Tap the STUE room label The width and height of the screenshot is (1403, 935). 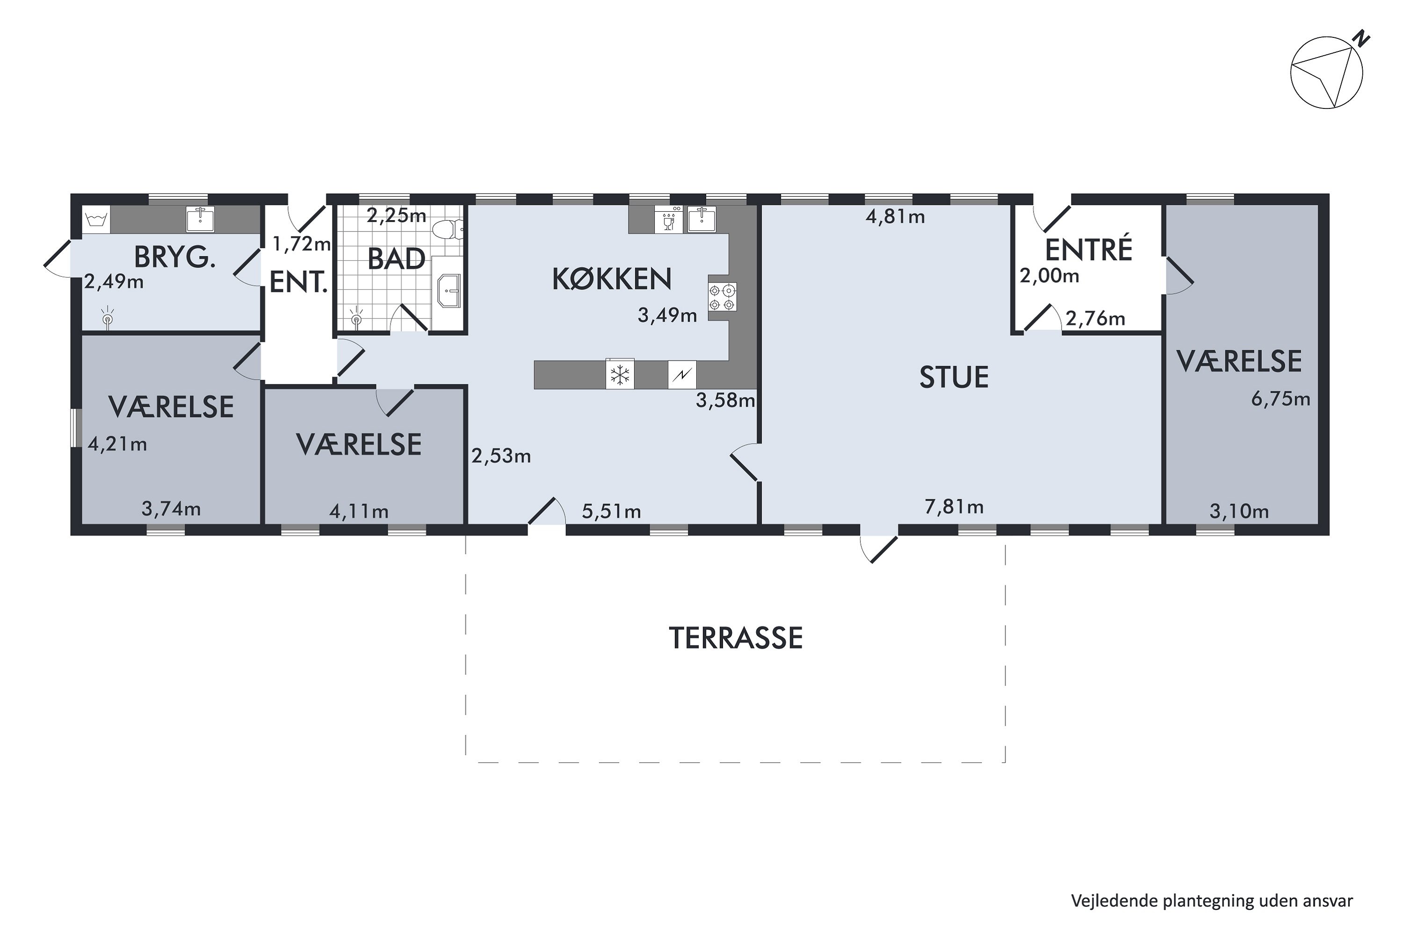pos(954,377)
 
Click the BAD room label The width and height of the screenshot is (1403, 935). pos(396,259)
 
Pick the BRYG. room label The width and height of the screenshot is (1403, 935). pos(174,258)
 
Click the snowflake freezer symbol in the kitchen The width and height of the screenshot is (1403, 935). pos(620,375)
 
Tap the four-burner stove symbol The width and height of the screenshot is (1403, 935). pos(723,297)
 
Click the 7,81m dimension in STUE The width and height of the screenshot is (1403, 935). pos(954,507)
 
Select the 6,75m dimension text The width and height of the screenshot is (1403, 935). pos(1280,399)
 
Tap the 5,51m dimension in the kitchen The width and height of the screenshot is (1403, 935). pos(611,511)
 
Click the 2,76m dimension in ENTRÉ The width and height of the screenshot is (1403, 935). pos(1095,319)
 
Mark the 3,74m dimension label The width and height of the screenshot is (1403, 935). pos(171,509)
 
